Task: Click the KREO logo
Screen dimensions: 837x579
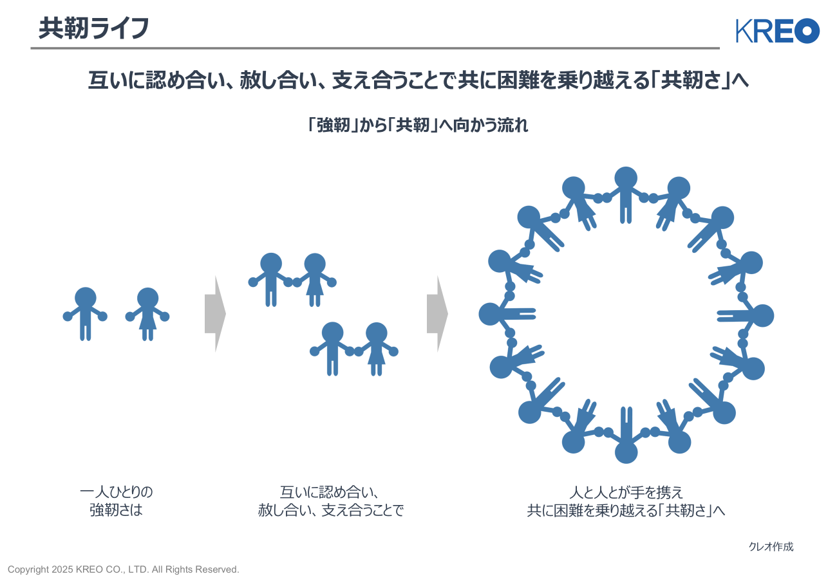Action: point(777,31)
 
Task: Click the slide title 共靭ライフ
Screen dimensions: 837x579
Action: point(94,28)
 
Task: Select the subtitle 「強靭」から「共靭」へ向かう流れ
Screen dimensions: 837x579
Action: point(418,125)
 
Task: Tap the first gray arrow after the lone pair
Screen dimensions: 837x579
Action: point(215,314)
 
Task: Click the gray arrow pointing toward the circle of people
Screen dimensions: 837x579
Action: point(437,314)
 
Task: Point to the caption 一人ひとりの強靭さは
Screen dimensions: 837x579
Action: point(117,502)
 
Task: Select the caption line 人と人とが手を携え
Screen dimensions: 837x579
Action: point(626,493)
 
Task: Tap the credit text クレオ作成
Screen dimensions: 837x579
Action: point(771,547)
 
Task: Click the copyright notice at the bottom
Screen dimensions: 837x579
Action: point(124,569)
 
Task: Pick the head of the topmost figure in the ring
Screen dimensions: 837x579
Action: point(626,178)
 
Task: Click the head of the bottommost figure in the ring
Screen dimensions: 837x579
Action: point(626,452)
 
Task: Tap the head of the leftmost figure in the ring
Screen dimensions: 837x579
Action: point(490,314)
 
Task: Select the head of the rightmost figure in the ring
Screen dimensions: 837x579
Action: point(763,315)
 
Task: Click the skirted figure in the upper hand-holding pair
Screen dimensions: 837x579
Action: point(315,278)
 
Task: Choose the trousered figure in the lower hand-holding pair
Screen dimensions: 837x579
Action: point(332,347)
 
